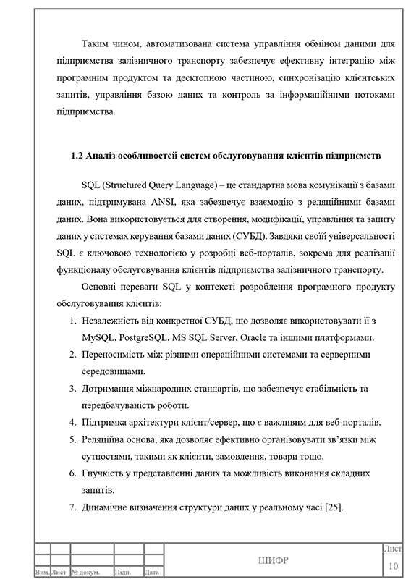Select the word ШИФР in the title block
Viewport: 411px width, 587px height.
pos(273,561)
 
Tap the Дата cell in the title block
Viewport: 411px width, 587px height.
pos(151,573)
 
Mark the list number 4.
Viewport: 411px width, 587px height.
pos(72,422)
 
